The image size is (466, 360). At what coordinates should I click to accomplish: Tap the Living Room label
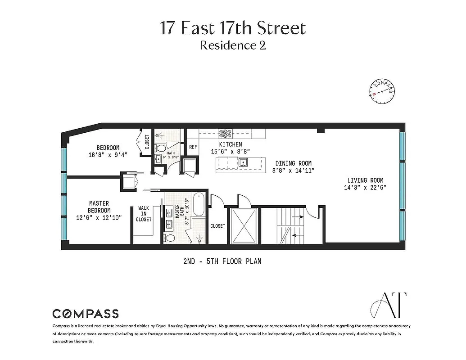(364, 180)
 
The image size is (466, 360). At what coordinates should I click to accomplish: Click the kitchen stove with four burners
(225, 134)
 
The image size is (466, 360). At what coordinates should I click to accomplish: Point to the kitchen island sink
(243, 163)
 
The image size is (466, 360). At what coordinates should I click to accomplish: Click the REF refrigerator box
(193, 147)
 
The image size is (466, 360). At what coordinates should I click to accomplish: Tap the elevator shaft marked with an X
(244, 226)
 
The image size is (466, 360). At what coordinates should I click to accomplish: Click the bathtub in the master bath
(199, 205)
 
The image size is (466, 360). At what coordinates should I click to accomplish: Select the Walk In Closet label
(144, 214)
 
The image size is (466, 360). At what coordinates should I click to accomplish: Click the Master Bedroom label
(99, 207)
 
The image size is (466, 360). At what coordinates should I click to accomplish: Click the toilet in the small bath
(161, 148)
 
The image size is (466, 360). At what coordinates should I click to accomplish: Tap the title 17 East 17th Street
(233, 28)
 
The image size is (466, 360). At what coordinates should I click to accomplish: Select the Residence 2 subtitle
(233, 45)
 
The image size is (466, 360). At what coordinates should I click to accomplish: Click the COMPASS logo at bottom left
(86, 314)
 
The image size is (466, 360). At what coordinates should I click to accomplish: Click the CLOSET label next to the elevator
(217, 226)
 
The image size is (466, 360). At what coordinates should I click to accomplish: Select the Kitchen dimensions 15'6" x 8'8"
(231, 152)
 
